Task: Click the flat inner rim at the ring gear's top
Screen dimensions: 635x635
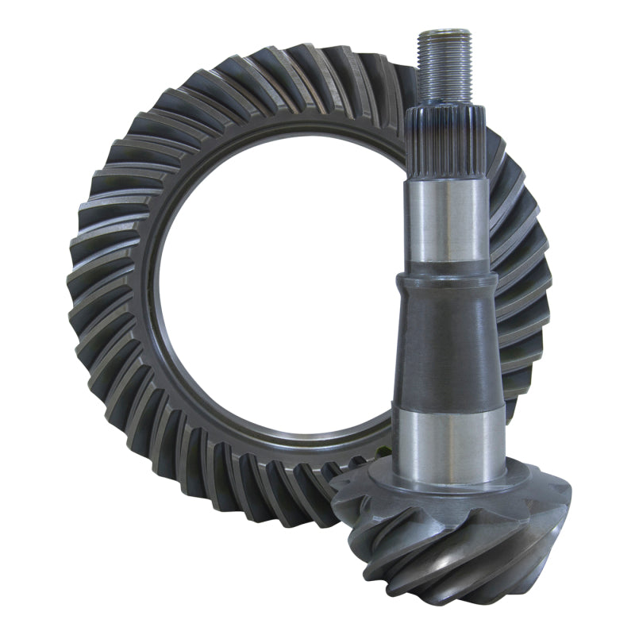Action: click(x=302, y=127)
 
